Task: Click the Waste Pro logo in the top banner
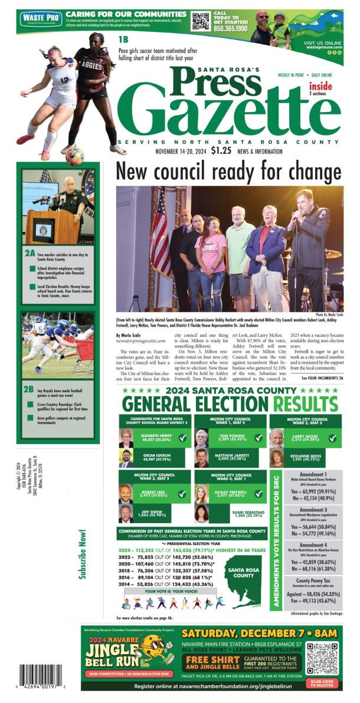point(41,19)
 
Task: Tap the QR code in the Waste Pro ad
point(201,21)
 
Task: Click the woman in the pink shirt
point(212,259)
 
